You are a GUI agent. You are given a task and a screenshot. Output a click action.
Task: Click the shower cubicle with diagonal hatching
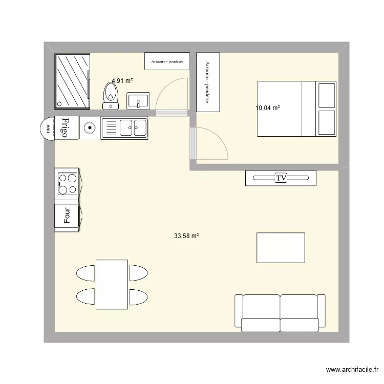pyautogui.click(x=73, y=81)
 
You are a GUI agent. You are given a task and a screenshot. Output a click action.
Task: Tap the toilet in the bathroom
pyautogui.click(x=111, y=96)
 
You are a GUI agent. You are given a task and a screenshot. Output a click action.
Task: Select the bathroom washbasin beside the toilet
pyautogui.click(x=138, y=100)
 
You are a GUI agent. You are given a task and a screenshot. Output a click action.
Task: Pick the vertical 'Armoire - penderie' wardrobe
pyautogui.click(x=208, y=82)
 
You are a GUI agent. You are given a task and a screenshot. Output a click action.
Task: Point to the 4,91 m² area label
pyautogui.click(x=122, y=81)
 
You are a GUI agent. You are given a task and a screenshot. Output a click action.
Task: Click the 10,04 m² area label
pyautogui.click(x=268, y=108)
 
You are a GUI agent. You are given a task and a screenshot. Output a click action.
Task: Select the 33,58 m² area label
pyautogui.click(x=186, y=236)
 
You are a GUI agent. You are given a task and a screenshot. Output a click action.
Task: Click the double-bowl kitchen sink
pyautogui.click(x=124, y=127)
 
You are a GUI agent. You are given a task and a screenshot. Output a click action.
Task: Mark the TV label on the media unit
pyautogui.click(x=281, y=178)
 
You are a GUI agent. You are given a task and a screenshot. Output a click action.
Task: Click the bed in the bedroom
pyautogui.click(x=296, y=109)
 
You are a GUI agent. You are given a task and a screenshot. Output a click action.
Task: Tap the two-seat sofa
pyautogui.click(x=280, y=312)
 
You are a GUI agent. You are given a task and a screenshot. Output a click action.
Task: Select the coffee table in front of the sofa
pyautogui.click(x=281, y=248)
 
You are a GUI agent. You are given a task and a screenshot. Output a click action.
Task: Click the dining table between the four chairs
pyautogui.click(x=112, y=284)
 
